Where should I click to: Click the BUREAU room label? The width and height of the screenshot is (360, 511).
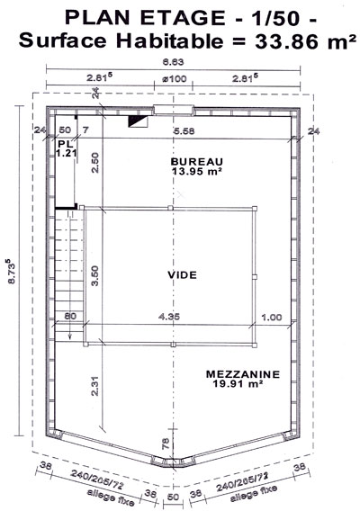(x=196, y=161)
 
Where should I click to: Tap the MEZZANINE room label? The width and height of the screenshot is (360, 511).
(x=243, y=373)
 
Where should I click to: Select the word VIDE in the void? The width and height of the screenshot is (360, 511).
(x=183, y=275)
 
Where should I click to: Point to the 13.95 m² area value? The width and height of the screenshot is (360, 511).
(x=196, y=171)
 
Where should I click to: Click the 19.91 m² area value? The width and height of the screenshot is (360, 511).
(x=238, y=383)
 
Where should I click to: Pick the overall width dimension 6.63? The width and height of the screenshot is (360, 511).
(x=174, y=61)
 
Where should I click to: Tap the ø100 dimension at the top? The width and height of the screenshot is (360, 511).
(x=175, y=78)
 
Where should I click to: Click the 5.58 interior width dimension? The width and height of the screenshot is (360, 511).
(x=184, y=131)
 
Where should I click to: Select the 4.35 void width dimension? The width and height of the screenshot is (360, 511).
(x=169, y=316)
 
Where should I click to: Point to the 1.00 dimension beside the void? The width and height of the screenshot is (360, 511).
(x=272, y=317)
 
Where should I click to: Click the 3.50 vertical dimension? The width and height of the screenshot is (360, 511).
(x=94, y=275)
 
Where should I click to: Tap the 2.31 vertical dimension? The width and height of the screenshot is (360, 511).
(x=94, y=386)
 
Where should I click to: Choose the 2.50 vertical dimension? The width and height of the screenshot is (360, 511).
(x=94, y=163)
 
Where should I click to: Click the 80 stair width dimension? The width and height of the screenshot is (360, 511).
(x=70, y=316)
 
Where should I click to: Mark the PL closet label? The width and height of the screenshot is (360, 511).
(x=66, y=144)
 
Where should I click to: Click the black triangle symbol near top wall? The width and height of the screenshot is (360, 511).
(x=135, y=121)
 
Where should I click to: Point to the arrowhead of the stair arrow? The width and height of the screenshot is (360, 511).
(x=70, y=338)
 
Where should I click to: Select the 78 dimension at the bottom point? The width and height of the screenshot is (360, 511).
(x=166, y=444)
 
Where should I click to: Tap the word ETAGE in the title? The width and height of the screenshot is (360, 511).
(x=183, y=18)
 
